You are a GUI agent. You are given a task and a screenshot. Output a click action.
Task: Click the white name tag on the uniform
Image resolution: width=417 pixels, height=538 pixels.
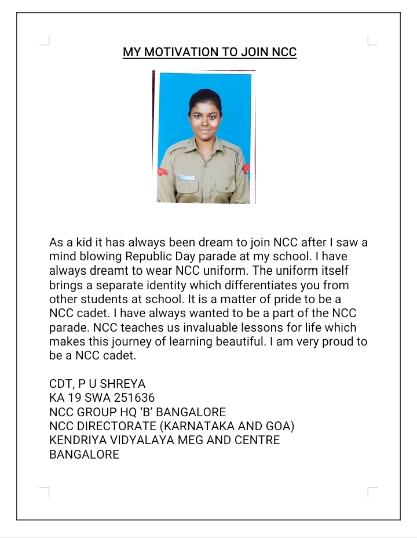click(x=187, y=177)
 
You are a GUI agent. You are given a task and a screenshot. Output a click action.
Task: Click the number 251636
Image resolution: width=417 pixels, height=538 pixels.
click(x=129, y=398)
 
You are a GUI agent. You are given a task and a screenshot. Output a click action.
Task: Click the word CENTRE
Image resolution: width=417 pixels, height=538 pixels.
click(x=257, y=441)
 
